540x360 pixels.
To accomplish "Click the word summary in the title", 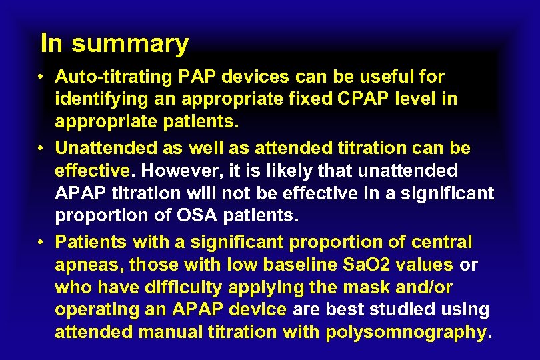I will click(x=130, y=45).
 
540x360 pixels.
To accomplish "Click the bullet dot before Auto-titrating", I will click(x=41, y=77).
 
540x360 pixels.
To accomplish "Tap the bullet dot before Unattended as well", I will click(x=41, y=147).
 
